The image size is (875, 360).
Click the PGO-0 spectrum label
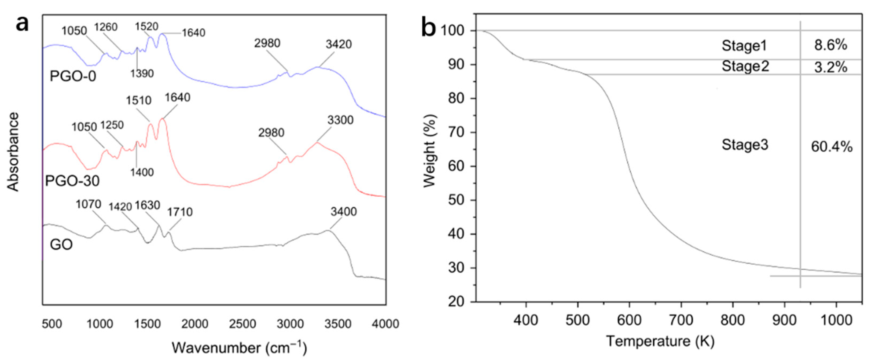pos(73,76)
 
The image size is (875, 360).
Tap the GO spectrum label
pos(61,245)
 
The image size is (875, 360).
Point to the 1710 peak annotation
pos(180,212)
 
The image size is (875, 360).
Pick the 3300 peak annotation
pos(340,120)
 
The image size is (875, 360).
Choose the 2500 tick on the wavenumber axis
pos(242,324)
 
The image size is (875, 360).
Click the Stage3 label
pos(745,145)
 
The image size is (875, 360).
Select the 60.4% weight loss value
pos(832,147)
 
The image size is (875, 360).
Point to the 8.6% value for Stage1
pos(830,45)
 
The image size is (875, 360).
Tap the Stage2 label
pos(745,66)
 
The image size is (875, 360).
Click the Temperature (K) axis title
pos(660,341)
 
